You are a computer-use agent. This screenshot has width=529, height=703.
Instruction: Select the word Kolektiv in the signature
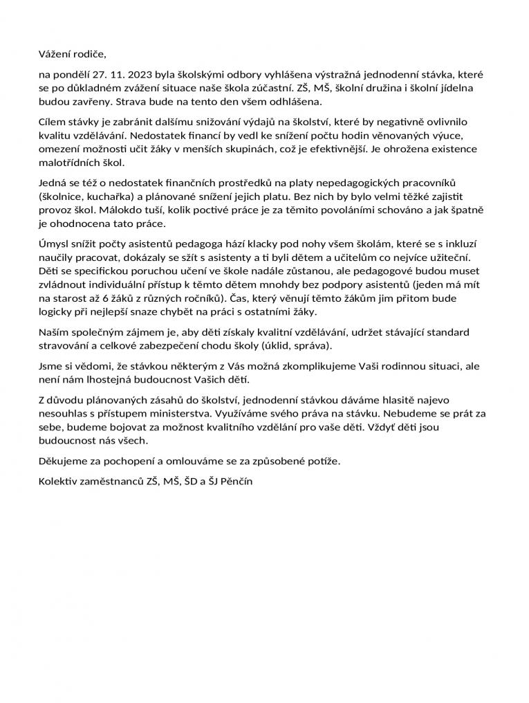pyautogui.click(x=58, y=479)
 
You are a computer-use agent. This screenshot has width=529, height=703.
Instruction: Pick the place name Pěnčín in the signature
pyautogui.click(x=236, y=479)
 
